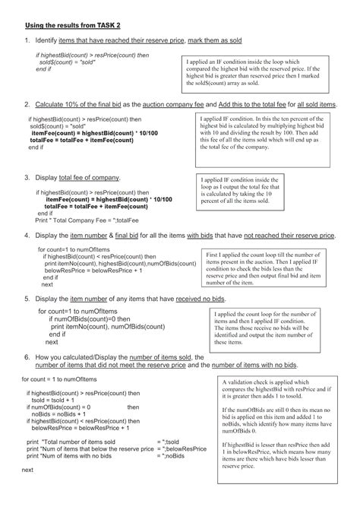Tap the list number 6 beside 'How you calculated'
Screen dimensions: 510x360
pyautogui.click(x=26, y=357)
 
